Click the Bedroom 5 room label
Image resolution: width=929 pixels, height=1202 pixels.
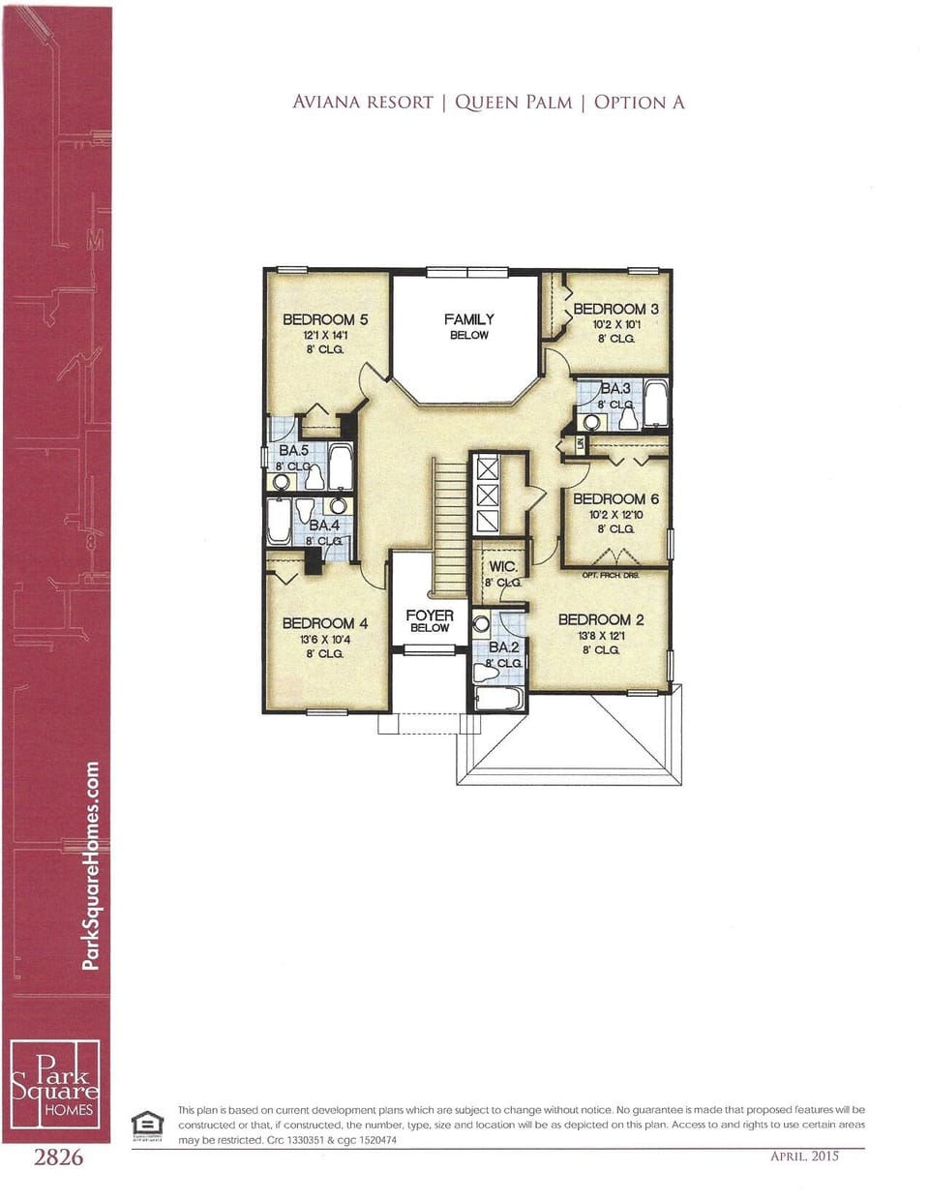pos(324,319)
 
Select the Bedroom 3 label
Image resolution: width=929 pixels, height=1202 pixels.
pos(615,310)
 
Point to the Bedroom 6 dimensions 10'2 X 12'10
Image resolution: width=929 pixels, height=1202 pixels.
pos(615,515)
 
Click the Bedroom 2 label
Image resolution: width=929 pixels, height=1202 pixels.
pos(600,619)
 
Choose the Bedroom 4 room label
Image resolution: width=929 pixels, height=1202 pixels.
pos(324,623)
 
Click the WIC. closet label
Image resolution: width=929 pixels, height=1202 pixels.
pos(502,567)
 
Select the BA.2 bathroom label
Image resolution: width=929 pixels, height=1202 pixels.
pos(503,646)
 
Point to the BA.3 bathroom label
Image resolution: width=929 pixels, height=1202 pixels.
pos(614,388)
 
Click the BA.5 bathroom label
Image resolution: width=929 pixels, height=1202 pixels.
pos(293,451)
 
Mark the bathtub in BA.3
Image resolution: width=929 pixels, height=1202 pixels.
pos(655,405)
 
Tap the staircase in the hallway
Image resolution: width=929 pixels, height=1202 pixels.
pos(450,527)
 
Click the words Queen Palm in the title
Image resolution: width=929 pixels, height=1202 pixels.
pos(513,103)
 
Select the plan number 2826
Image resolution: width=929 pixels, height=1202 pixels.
pos(58,1157)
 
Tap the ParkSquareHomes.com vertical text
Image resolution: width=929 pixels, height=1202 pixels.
pos(92,865)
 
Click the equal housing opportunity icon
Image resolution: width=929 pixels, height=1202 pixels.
pos(147,1124)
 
